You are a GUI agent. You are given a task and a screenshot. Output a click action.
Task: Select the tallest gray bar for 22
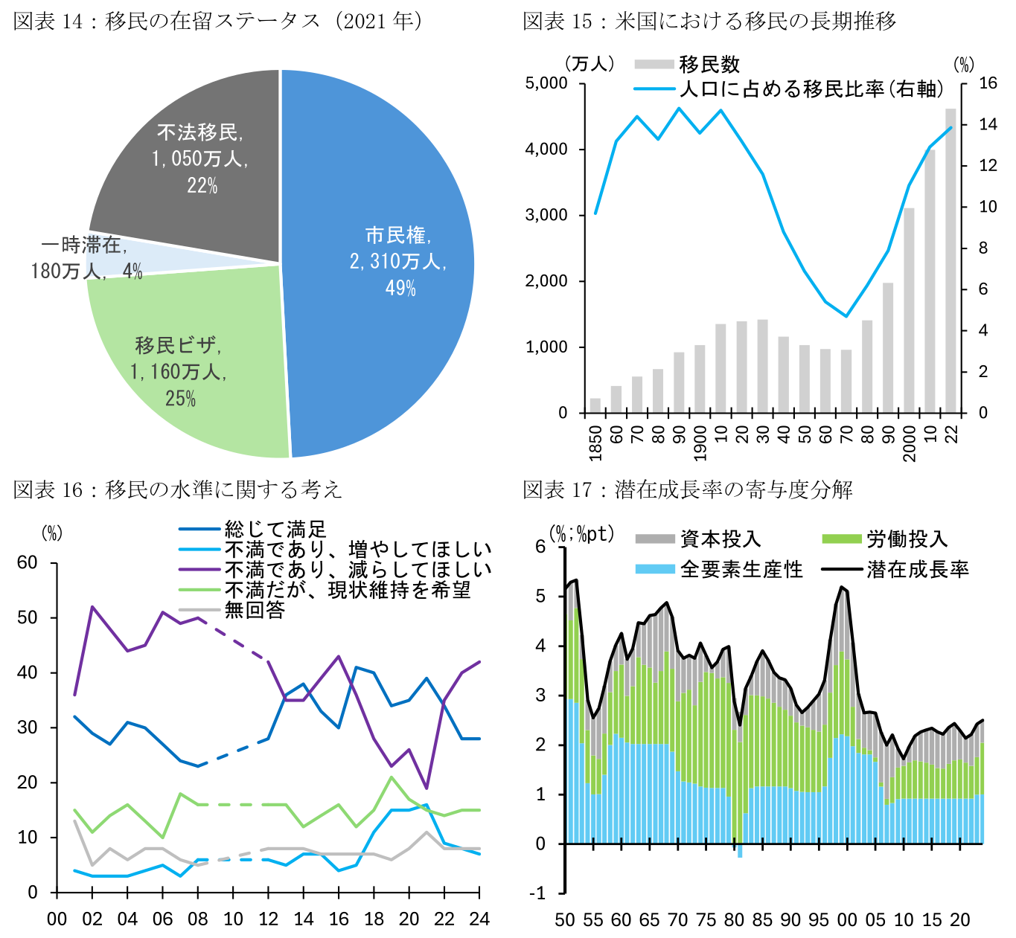pyautogui.click(x=950, y=260)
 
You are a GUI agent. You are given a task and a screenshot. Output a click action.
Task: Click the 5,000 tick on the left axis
pyautogui.click(x=546, y=83)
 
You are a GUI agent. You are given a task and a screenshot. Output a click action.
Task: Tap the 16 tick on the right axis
pyautogui.click(x=988, y=83)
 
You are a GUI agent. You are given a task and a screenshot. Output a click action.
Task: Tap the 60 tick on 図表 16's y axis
pyautogui.click(x=28, y=563)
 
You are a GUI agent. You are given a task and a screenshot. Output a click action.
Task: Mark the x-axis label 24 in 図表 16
pyautogui.click(x=479, y=919)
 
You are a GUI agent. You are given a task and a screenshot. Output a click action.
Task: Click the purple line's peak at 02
pyautogui.click(x=92, y=607)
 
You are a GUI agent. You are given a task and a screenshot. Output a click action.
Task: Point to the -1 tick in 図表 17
pyautogui.click(x=538, y=893)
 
